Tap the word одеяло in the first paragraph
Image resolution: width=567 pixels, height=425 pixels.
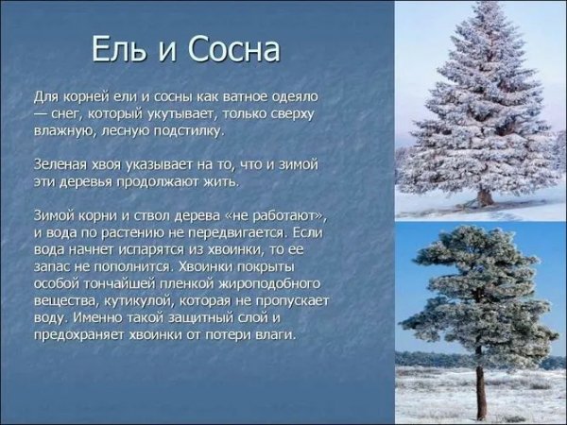(293, 97)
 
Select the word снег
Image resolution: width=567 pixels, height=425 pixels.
(72, 113)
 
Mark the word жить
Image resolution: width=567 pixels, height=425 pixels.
(219, 180)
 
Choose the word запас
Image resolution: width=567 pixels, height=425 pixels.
(54, 265)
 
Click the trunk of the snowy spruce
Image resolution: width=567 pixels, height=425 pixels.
(485, 196)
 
